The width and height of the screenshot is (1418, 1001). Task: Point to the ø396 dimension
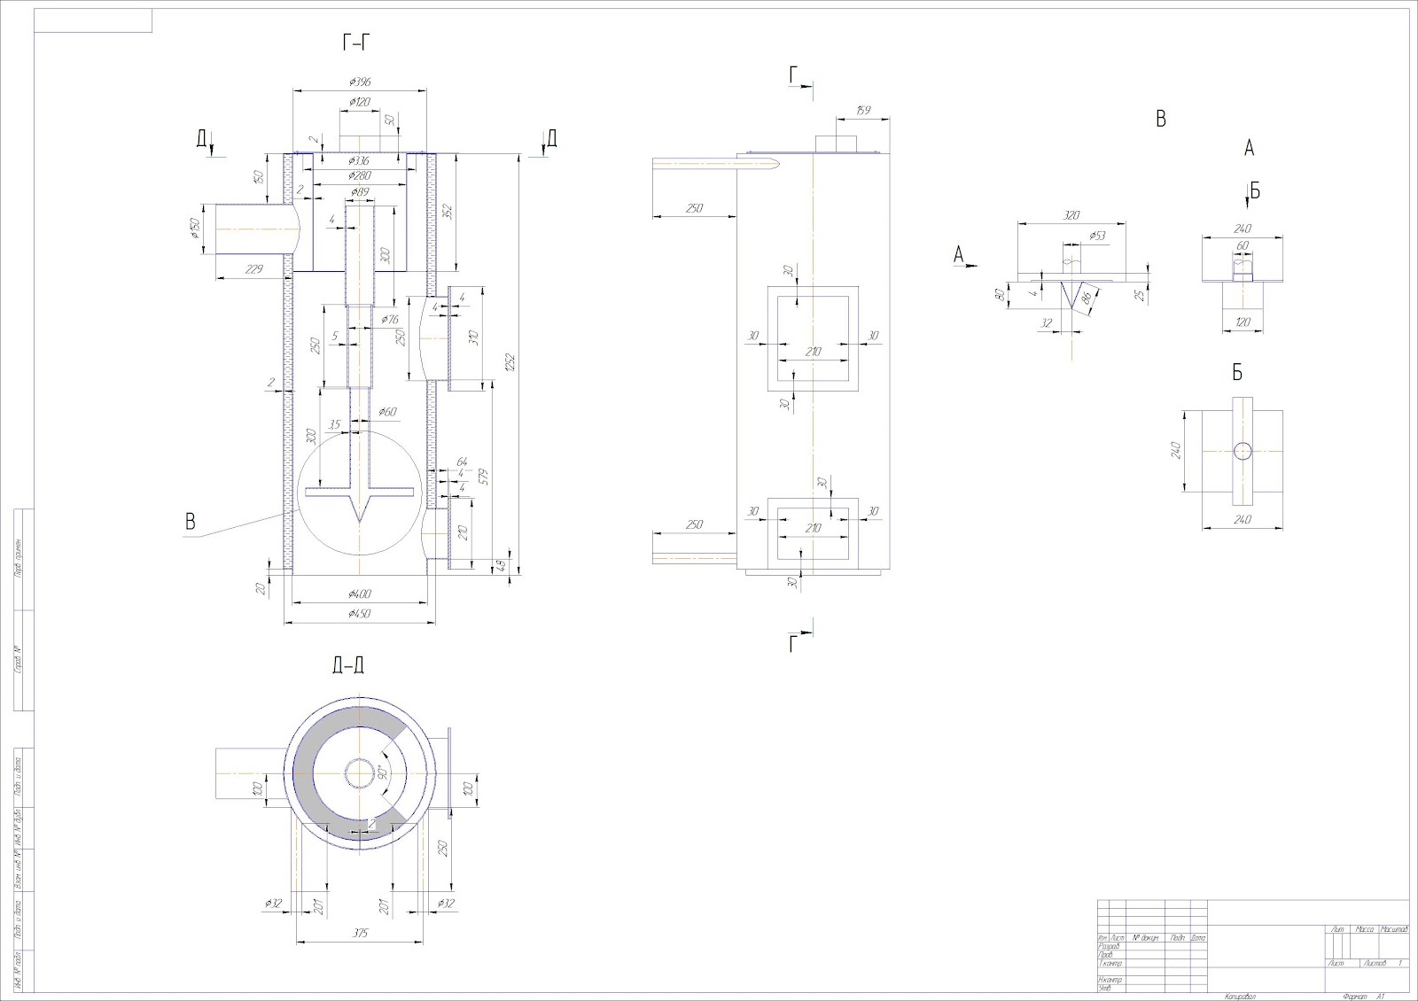coord(359,81)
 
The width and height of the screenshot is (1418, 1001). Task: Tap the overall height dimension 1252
coord(509,362)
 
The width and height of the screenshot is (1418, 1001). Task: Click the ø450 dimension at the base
coord(359,614)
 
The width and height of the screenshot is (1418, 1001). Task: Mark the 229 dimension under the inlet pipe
coord(253,269)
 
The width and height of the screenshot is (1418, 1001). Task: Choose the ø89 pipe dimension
coord(359,191)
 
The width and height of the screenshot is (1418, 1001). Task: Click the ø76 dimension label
coord(389,319)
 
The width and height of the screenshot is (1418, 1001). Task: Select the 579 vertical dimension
coord(484,476)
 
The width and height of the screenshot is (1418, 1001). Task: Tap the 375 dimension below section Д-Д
coord(359,933)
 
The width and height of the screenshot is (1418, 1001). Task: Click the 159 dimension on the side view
coord(862,111)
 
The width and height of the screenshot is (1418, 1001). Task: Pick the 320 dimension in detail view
coord(1071,215)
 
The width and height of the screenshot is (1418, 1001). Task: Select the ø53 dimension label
coord(1097,236)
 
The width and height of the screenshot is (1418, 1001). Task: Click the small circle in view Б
coord(1243,451)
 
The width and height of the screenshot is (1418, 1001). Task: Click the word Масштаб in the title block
coord(1392,929)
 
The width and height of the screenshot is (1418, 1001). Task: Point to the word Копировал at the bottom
coord(1241,997)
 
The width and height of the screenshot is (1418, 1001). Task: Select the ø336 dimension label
coord(359,160)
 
